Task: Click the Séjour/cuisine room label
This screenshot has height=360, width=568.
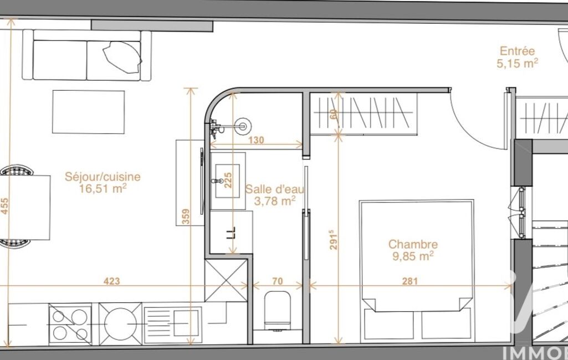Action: [x=103, y=177]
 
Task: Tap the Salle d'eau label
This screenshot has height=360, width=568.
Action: [x=275, y=189]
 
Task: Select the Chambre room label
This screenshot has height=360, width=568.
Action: [x=413, y=244]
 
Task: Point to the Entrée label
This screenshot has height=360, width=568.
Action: [x=517, y=51]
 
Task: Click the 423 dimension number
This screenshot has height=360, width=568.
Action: [x=111, y=281]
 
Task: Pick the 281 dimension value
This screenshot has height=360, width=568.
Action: [x=410, y=281]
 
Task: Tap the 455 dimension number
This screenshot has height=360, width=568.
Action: [x=4, y=206]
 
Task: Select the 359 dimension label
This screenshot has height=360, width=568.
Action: [x=186, y=217]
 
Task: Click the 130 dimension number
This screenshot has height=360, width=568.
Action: [x=256, y=140]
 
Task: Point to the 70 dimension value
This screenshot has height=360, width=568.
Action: [x=277, y=281]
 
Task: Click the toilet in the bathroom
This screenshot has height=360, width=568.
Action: [x=278, y=311]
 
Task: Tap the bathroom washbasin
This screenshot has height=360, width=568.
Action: [x=228, y=181]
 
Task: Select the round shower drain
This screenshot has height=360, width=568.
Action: [x=243, y=126]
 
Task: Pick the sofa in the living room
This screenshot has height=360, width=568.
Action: [x=87, y=55]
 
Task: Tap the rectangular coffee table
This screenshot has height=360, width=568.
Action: [x=89, y=112]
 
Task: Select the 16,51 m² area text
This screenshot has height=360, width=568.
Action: [x=103, y=188]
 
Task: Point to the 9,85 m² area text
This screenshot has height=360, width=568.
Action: [x=413, y=256]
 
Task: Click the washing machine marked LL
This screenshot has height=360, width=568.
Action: [x=231, y=232]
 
